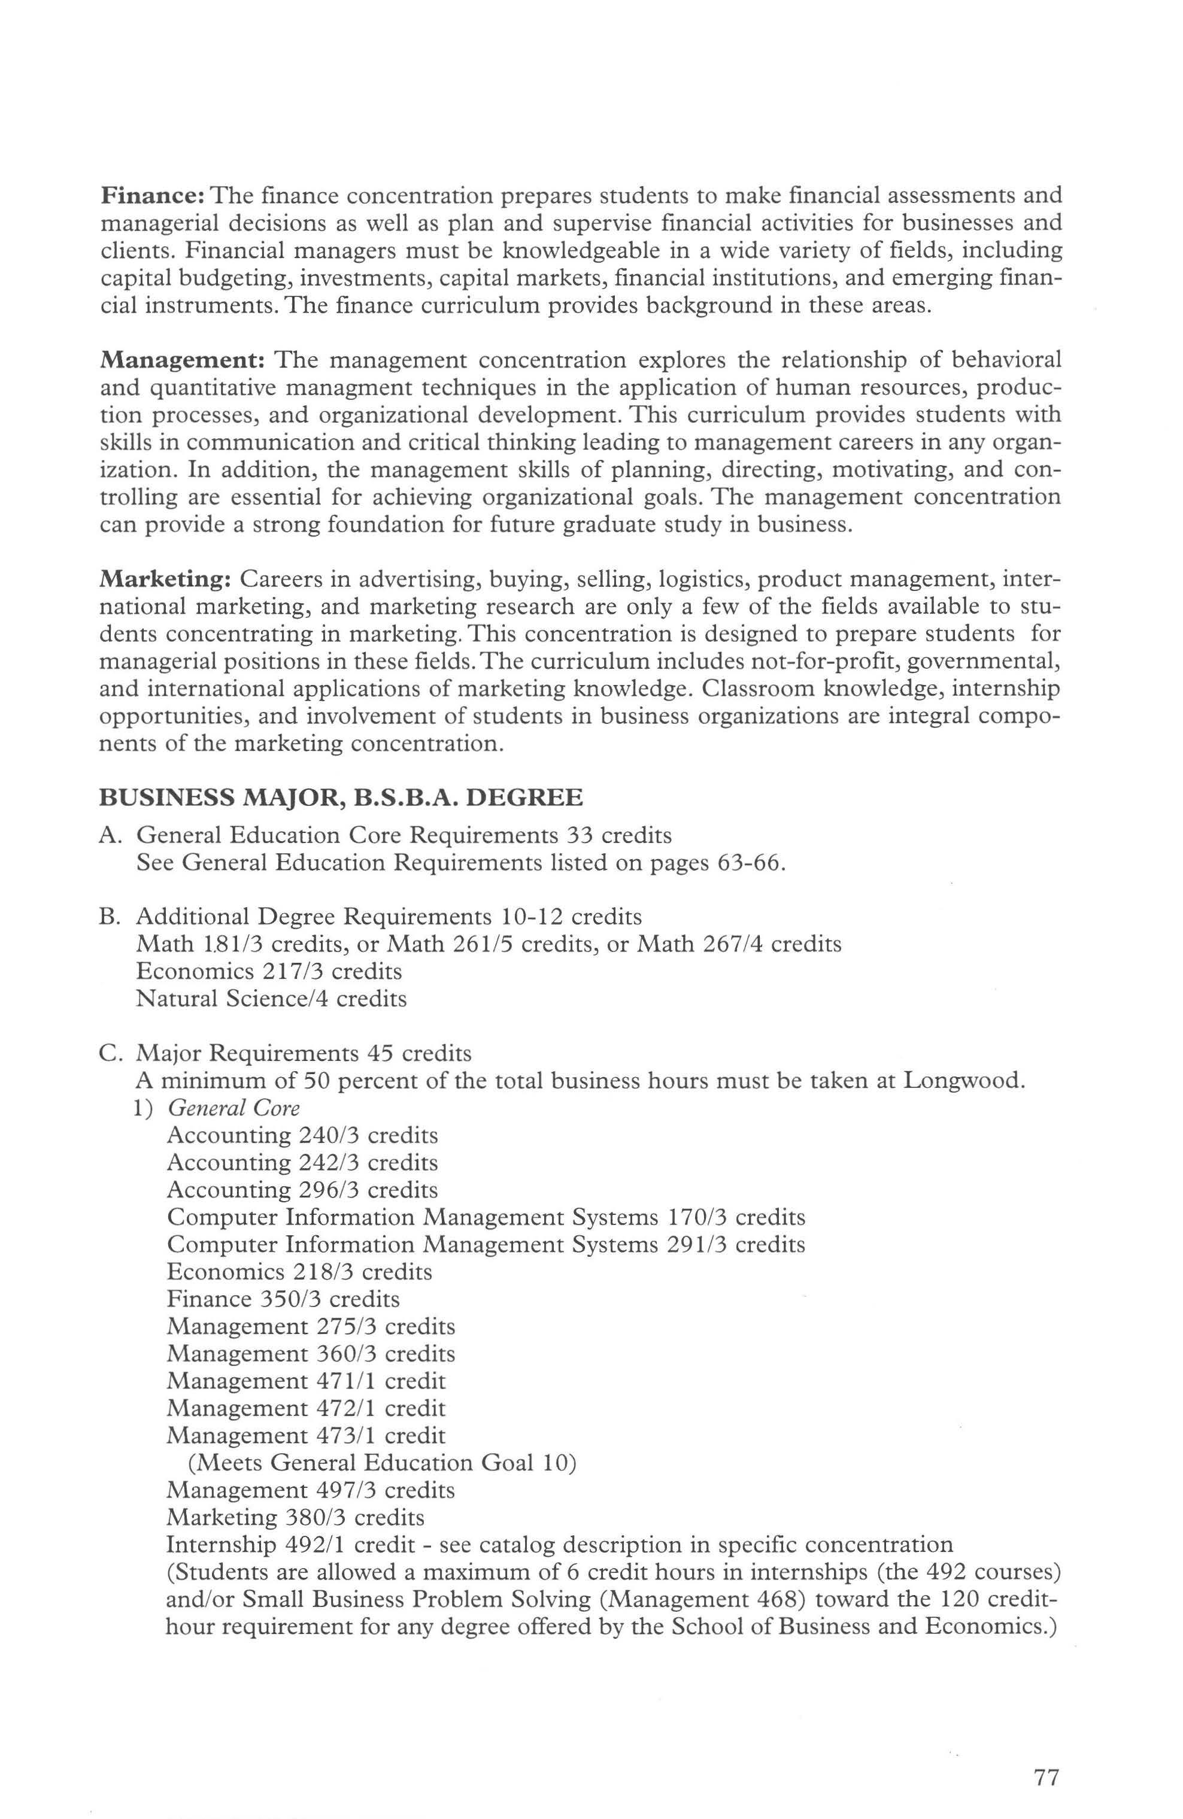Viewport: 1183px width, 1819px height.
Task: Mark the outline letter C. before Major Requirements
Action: (111, 1053)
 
